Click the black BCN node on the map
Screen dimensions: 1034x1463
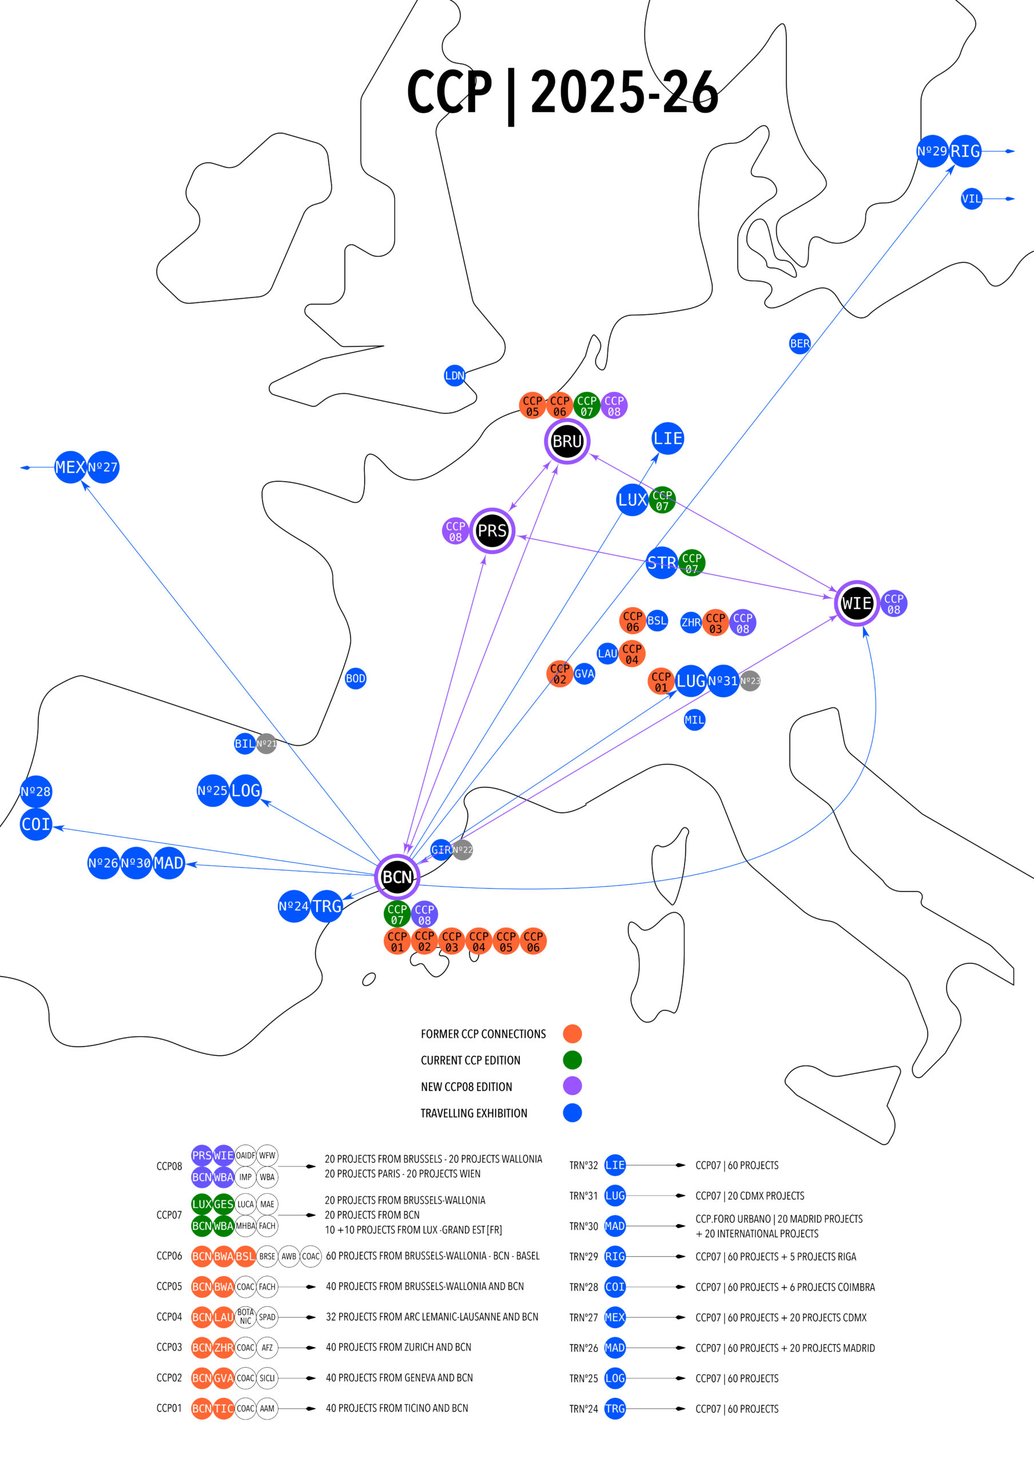pos(397,877)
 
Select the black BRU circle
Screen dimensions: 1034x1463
pos(567,441)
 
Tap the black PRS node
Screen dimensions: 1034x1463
pos(492,530)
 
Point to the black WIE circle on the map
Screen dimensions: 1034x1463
pos(857,603)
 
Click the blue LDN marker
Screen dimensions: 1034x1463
pos(455,375)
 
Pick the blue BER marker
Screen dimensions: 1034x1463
pos(800,343)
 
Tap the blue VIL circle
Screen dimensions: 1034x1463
pos(972,199)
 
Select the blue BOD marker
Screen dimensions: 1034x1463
pos(356,678)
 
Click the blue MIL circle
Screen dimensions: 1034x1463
pos(694,720)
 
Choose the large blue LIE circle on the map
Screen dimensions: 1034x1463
pos(668,438)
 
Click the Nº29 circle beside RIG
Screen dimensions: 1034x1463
pos(932,151)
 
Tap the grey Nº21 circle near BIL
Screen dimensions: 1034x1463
pos(267,744)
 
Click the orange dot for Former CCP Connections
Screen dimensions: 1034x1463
pos(572,1034)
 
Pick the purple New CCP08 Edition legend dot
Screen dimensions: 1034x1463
pos(572,1086)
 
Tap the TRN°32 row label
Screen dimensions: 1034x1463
pos(583,1165)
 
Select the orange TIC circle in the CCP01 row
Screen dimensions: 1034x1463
pos(224,1408)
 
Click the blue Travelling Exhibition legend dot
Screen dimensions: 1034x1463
pos(572,1113)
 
